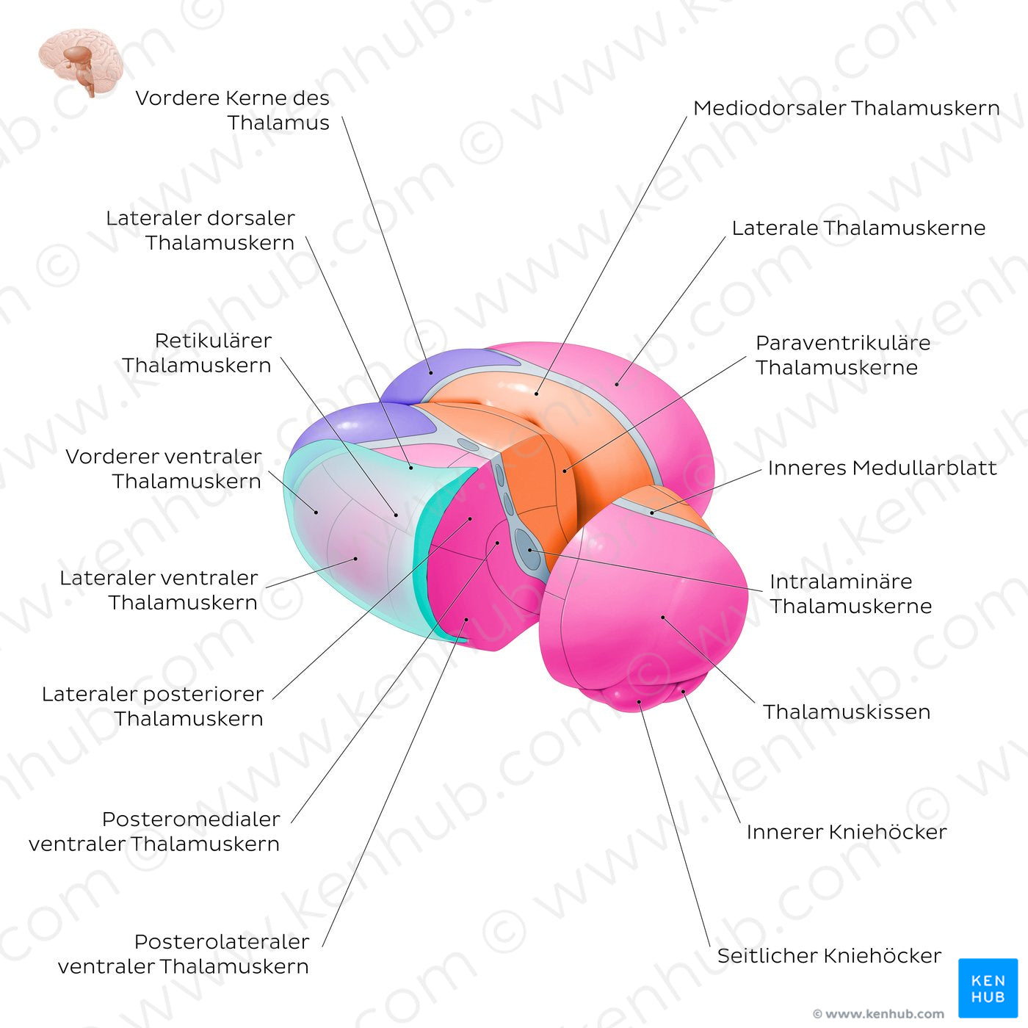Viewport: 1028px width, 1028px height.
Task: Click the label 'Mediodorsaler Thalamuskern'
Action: click(x=846, y=108)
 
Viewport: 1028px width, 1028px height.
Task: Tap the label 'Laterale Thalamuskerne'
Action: click(x=858, y=228)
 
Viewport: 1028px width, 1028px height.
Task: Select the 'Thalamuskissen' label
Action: click(x=847, y=712)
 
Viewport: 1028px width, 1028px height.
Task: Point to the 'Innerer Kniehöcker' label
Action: click(x=847, y=832)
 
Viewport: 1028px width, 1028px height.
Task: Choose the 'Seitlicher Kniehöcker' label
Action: click(x=829, y=956)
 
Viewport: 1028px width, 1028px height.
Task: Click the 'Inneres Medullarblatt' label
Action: click(x=883, y=468)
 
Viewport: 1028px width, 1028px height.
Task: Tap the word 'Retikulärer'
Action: click(x=213, y=341)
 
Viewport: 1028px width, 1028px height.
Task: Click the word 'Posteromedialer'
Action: click(x=191, y=819)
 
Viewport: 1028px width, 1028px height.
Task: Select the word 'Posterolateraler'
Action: click(x=222, y=941)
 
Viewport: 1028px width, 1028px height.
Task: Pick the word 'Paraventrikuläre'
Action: click(x=843, y=342)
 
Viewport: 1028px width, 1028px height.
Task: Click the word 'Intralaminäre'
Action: click(x=841, y=581)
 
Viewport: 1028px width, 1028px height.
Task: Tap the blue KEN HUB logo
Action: click(x=988, y=988)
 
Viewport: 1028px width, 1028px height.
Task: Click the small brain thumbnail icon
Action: click(x=80, y=62)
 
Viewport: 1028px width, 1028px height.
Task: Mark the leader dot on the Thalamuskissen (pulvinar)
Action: click(x=662, y=618)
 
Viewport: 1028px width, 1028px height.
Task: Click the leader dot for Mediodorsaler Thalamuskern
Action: click(x=536, y=394)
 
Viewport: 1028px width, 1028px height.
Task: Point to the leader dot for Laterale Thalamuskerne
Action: click(x=617, y=383)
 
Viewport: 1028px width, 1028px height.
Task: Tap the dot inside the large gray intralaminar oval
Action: click(x=529, y=550)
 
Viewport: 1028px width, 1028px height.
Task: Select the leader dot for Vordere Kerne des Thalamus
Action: click(x=431, y=373)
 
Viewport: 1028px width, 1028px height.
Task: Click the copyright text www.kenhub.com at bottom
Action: click(x=878, y=1013)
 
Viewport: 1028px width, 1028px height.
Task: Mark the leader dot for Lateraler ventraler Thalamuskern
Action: click(x=355, y=559)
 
